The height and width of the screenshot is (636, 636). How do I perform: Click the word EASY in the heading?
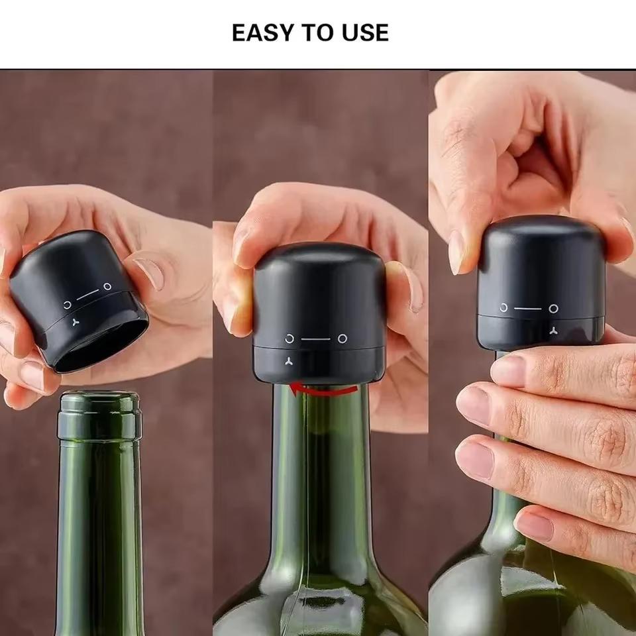260,32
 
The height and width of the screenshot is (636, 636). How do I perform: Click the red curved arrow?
325,390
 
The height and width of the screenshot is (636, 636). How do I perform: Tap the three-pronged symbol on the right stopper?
555,329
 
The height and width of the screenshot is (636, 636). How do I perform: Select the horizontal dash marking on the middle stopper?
315,339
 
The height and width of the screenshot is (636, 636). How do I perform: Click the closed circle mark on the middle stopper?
342,339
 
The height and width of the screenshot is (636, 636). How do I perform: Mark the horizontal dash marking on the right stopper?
527,308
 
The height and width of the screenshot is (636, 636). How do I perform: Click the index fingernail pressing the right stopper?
456,252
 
